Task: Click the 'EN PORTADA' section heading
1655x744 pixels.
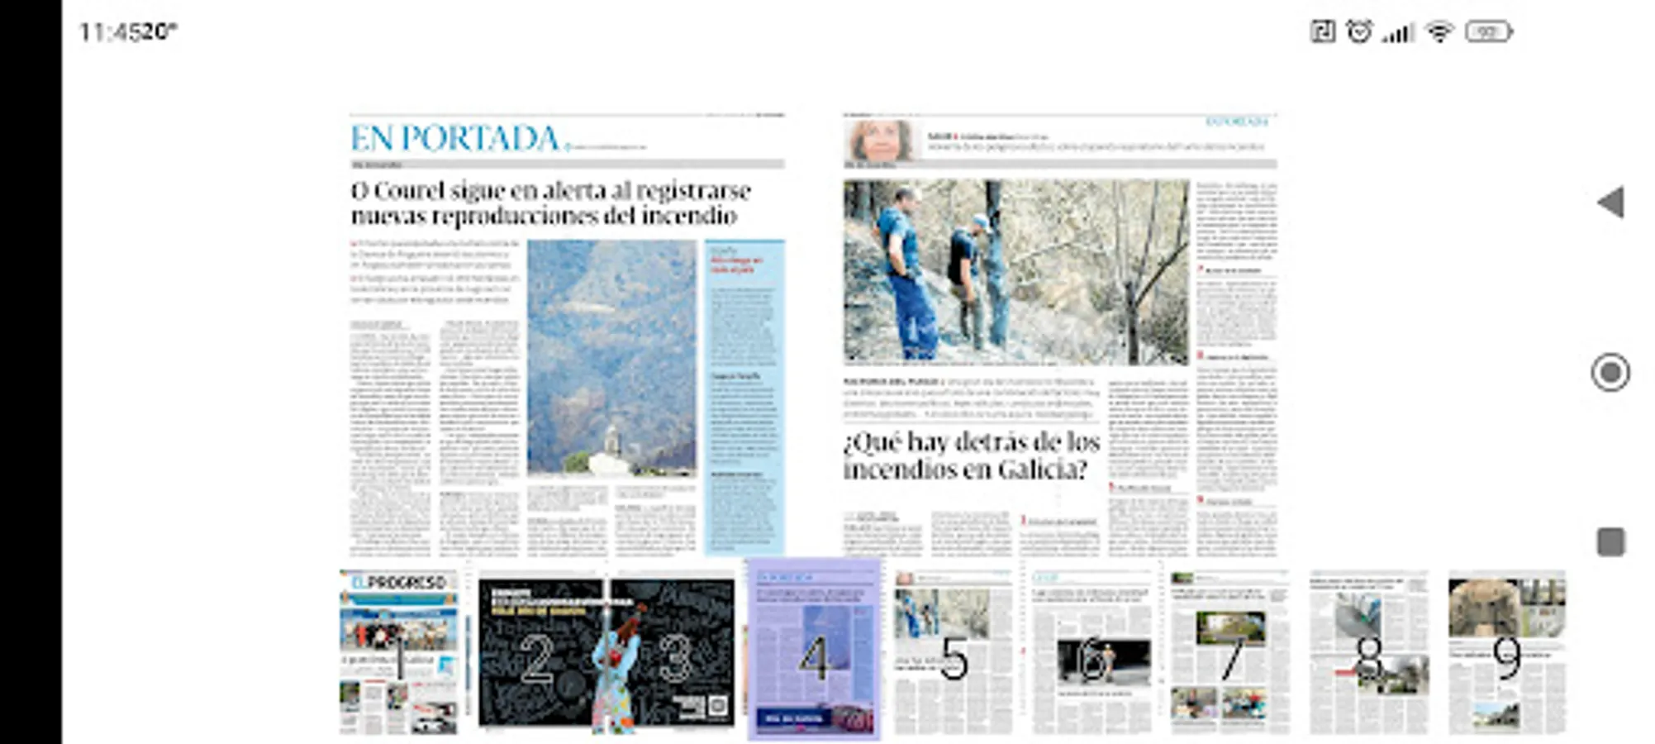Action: tap(455, 138)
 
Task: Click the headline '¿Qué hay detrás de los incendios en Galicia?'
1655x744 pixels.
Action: tap(971, 455)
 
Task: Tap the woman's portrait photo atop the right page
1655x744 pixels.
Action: tap(880, 140)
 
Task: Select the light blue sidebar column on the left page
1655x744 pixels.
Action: tap(744, 397)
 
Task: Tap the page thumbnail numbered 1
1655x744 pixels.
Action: tap(398, 653)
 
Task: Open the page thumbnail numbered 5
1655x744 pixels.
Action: tap(953, 653)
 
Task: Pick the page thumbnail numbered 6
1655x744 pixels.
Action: tap(1091, 653)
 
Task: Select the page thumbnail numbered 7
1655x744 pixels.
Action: tap(1229, 653)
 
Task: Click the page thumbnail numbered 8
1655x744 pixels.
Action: tap(1368, 653)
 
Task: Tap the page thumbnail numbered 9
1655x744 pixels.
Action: tap(1506, 653)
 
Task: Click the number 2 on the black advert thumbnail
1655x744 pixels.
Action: tap(537, 659)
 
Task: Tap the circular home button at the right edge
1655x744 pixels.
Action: tap(1610, 373)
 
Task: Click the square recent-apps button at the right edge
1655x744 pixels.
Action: tap(1610, 542)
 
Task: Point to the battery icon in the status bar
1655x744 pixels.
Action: tap(1488, 32)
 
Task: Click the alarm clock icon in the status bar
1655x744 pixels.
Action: tap(1359, 32)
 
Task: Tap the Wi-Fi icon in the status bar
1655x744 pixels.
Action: tap(1439, 32)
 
